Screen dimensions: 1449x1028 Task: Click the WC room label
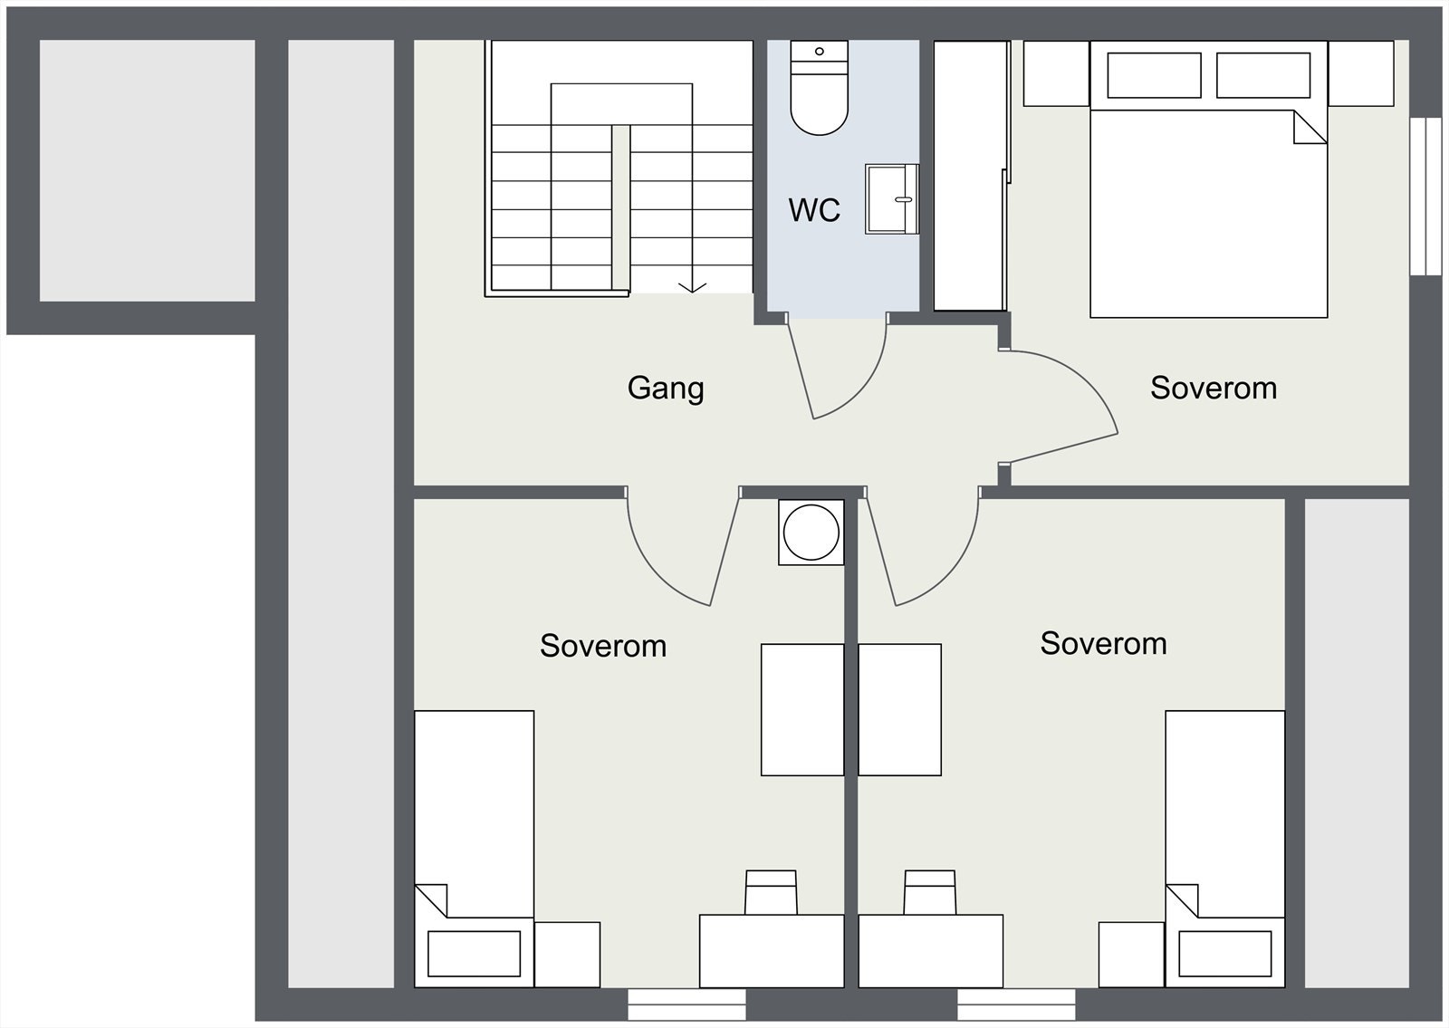pyautogui.click(x=814, y=209)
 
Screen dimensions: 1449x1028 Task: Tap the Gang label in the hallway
pyautogui.click(x=666, y=389)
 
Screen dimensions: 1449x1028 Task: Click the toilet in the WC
pyautogui.click(x=819, y=87)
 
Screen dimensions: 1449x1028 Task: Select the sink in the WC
pyautogui.click(x=892, y=198)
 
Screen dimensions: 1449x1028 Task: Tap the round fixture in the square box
pyautogui.click(x=811, y=533)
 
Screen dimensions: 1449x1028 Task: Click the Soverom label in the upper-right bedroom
pyautogui.click(x=1214, y=389)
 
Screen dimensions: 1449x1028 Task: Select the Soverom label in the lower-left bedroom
pyautogui.click(x=603, y=646)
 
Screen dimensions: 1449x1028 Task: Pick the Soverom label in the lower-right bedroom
pyautogui.click(x=1104, y=643)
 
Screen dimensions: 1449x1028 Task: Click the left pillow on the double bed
pyautogui.click(x=1154, y=75)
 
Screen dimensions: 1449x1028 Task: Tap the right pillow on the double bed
pyautogui.click(x=1263, y=75)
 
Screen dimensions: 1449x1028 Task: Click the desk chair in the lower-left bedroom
pyautogui.click(x=771, y=892)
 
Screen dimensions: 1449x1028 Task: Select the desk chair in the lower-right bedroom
pyautogui.click(x=929, y=892)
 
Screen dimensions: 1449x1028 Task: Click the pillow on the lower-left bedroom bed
pyautogui.click(x=475, y=954)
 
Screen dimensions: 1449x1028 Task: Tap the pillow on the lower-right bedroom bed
pyautogui.click(x=1225, y=954)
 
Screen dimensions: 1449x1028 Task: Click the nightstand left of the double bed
pyautogui.click(x=1056, y=73)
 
